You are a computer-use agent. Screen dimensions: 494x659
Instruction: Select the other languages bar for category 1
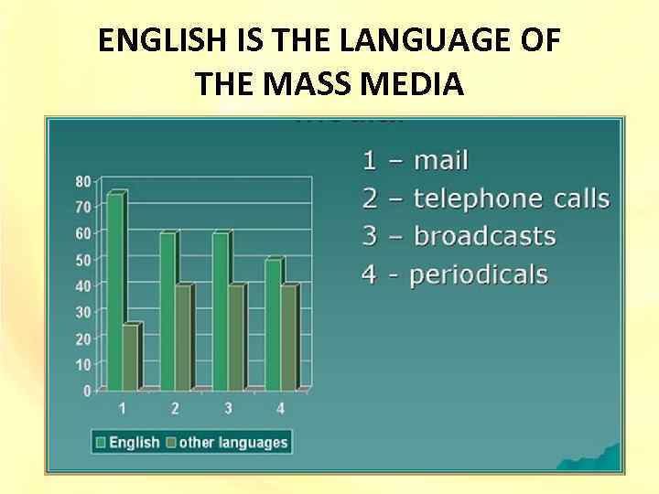coord(130,356)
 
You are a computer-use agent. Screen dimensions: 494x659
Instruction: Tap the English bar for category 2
coord(167,311)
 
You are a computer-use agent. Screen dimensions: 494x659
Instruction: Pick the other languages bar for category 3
coord(235,338)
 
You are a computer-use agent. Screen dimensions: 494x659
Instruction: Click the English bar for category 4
coord(273,325)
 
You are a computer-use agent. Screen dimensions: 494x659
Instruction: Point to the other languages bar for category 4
coord(288,338)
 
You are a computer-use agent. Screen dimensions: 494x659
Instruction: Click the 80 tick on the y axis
coord(82,181)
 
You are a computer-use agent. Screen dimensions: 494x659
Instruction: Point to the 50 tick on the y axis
coord(82,260)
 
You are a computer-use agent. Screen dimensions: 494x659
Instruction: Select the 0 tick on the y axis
coord(86,391)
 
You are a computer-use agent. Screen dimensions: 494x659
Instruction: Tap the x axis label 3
coord(228,407)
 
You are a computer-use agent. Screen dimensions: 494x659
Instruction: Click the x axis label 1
coord(123,407)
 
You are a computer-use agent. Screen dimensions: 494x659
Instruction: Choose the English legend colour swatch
coord(101,443)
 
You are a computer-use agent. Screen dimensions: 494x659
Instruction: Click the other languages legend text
coord(233,443)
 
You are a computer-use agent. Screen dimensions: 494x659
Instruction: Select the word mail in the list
coord(441,161)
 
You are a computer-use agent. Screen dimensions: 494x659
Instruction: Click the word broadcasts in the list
coord(485,236)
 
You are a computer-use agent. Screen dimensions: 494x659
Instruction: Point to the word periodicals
coord(479,274)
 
